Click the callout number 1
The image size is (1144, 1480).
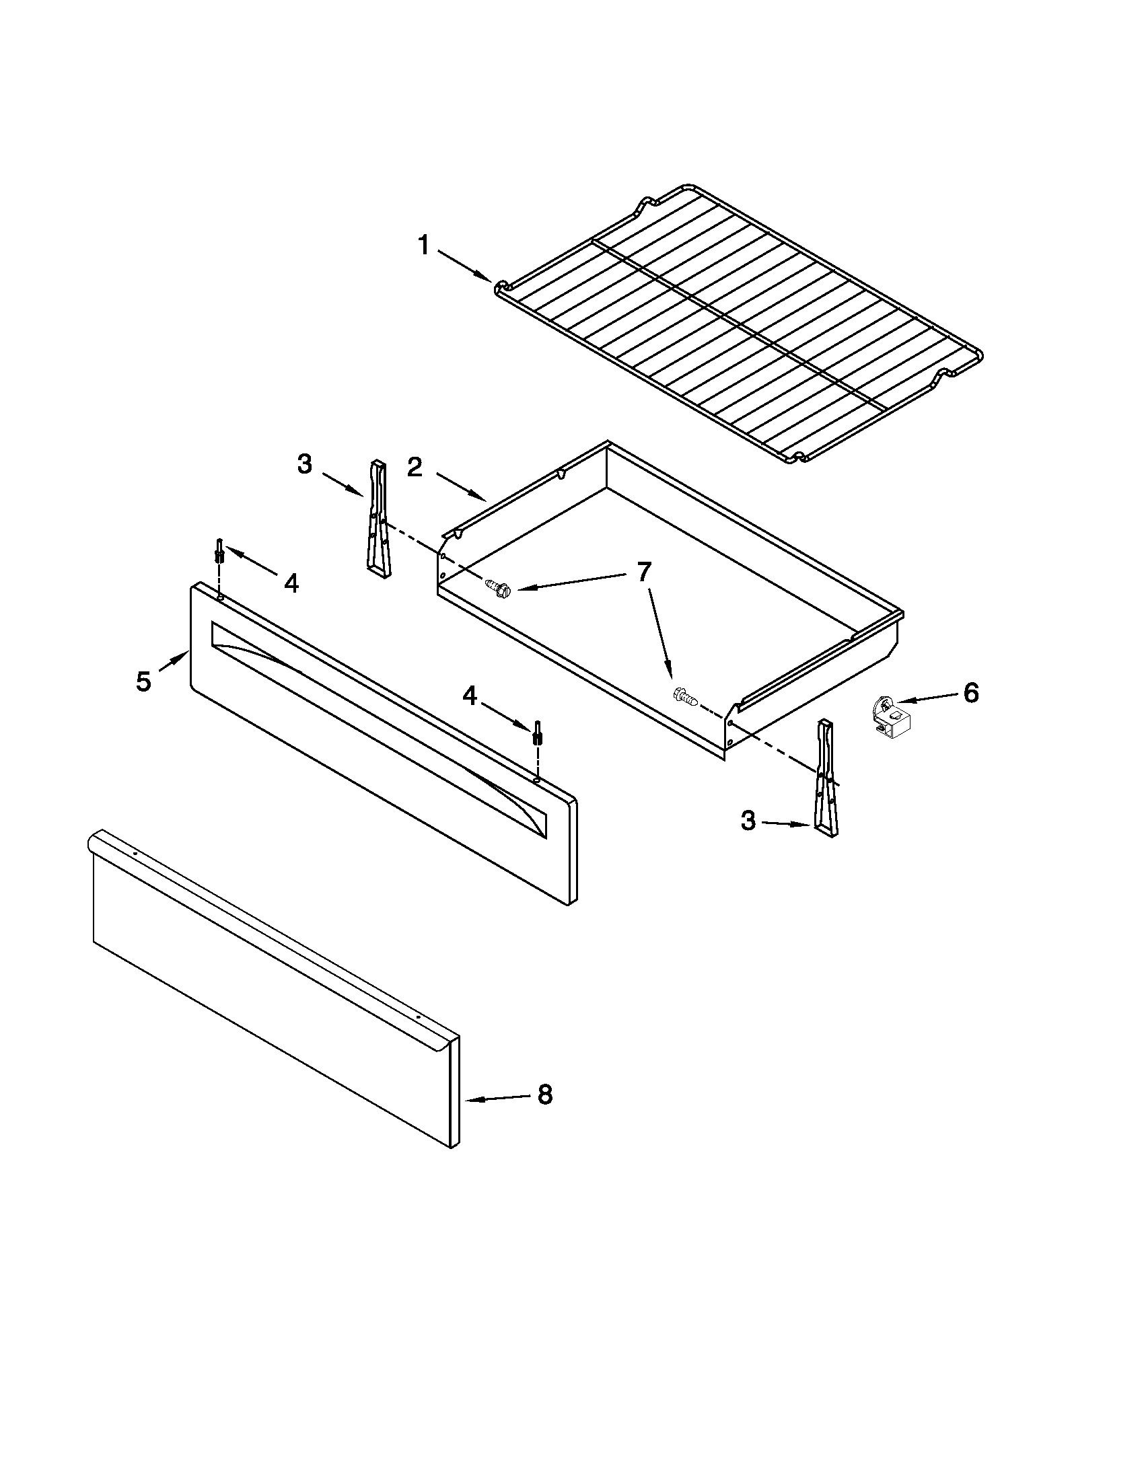[423, 246]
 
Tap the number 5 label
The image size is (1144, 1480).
[143, 681]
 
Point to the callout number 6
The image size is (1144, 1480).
[971, 692]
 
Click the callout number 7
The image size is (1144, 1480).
[643, 571]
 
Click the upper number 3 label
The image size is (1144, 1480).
[305, 464]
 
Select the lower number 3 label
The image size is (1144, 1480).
[748, 821]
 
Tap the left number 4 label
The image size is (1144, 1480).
[291, 583]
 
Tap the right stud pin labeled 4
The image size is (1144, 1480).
[538, 733]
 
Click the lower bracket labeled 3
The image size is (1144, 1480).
[826, 780]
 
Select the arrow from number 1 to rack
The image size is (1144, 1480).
[464, 265]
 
